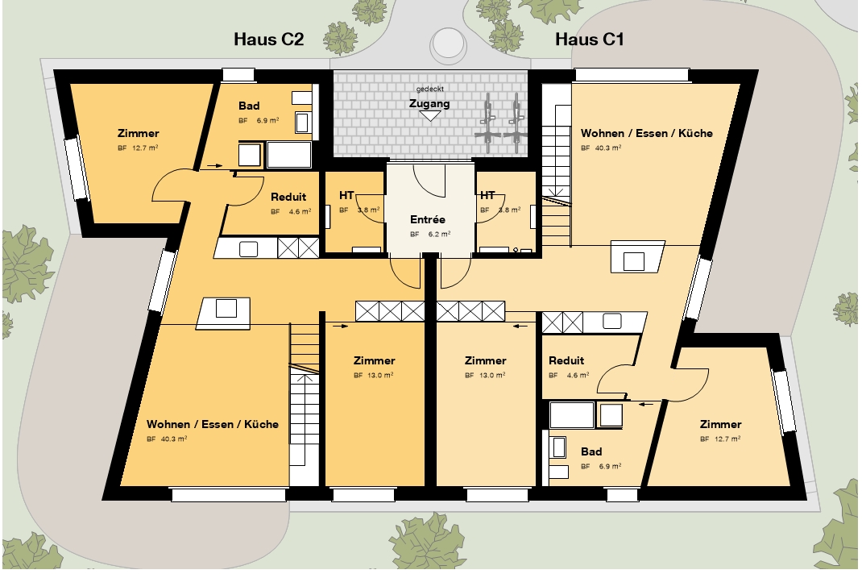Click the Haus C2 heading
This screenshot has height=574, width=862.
(x=269, y=39)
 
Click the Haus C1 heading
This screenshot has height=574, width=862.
(x=590, y=39)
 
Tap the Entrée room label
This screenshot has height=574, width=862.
(x=428, y=219)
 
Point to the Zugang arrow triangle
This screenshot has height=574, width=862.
(x=430, y=115)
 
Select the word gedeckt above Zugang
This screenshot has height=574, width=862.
(x=430, y=89)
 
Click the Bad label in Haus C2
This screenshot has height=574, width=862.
(x=249, y=106)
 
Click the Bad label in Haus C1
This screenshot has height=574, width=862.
(x=591, y=451)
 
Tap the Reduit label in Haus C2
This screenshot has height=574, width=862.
(x=288, y=197)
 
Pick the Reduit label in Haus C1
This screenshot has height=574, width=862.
(x=566, y=360)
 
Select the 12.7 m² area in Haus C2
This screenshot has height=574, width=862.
(x=145, y=148)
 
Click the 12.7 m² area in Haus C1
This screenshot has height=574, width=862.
(x=727, y=439)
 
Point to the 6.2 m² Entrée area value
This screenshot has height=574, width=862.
(x=439, y=234)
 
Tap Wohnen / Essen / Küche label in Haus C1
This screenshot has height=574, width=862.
(x=646, y=133)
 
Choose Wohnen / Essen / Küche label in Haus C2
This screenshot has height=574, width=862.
(x=212, y=424)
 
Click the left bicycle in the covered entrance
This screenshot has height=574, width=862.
(x=487, y=123)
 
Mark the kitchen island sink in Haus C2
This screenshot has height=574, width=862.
(x=226, y=308)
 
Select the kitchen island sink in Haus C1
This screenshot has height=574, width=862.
(x=633, y=260)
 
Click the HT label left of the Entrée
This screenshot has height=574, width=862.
(x=346, y=195)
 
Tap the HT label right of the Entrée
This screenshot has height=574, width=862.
(x=487, y=195)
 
